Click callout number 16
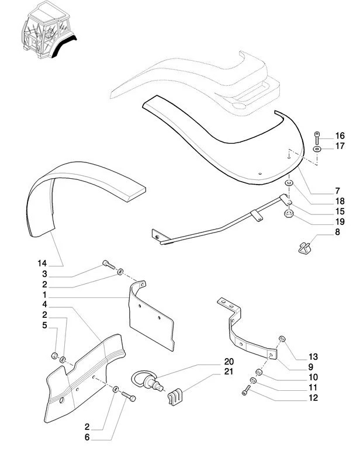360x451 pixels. [x=340, y=136]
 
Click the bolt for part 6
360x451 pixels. [x=129, y=398]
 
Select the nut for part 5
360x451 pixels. [x=54, y=355]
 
